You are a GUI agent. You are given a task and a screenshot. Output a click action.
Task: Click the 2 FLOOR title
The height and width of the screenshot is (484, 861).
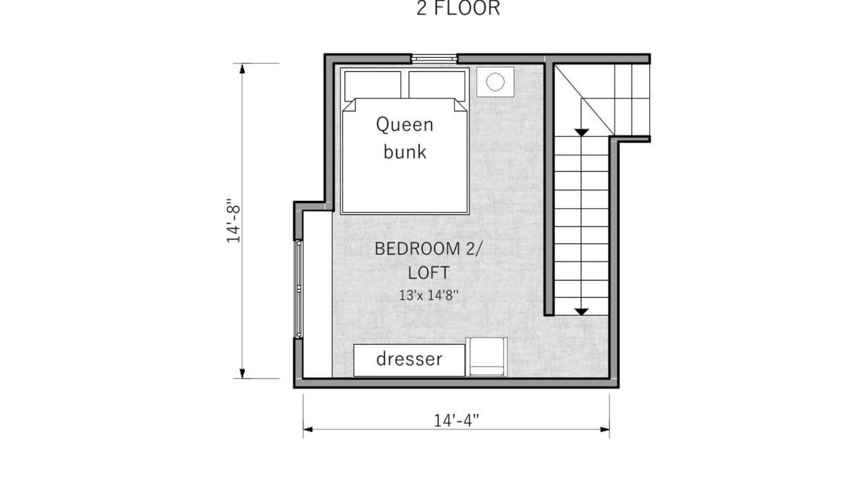[458, 8]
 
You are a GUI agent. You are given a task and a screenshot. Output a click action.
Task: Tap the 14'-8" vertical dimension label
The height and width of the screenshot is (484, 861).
[233, 221]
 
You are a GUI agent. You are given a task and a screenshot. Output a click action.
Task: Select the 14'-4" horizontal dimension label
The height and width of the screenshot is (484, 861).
[457, 420]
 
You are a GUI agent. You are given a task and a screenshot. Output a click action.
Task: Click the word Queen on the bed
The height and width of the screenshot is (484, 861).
[405, 125]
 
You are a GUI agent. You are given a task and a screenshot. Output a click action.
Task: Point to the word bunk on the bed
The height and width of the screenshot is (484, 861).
[405, 151]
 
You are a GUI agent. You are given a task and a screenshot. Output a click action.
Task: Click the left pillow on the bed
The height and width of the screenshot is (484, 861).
[373, 85]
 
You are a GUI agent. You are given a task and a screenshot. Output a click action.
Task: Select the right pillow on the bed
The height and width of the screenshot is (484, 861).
[437, 85]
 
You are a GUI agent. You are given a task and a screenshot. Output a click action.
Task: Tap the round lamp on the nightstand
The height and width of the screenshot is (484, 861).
[495, 82]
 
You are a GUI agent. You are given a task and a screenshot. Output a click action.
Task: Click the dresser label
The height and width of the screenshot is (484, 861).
[409, 359]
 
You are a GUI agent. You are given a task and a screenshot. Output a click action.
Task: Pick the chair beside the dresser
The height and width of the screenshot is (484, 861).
[486, 357]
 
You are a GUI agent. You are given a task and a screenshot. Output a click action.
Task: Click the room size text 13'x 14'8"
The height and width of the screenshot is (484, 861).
[428, 295]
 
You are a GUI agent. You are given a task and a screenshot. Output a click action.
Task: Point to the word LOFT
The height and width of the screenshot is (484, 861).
[428, 273]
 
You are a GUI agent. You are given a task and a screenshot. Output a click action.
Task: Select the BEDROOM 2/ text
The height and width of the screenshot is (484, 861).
[427, 249]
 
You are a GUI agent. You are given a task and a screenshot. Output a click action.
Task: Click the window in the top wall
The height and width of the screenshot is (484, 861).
[435, 58]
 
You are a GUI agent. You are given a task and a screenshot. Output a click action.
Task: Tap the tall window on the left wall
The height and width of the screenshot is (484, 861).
[298, 289]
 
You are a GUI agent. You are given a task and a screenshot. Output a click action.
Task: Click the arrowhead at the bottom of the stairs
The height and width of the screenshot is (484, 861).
[582, 311]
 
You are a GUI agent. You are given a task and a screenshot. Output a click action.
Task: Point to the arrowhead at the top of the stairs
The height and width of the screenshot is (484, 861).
[582, 132]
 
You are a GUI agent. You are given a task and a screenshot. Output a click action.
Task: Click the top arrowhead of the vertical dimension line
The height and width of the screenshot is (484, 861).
[242, 69]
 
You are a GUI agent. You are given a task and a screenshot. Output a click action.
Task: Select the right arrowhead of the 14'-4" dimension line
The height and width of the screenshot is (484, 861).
[605, 430]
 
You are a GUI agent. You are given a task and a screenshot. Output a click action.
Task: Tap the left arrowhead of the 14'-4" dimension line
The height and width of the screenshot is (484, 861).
[308, 430]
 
